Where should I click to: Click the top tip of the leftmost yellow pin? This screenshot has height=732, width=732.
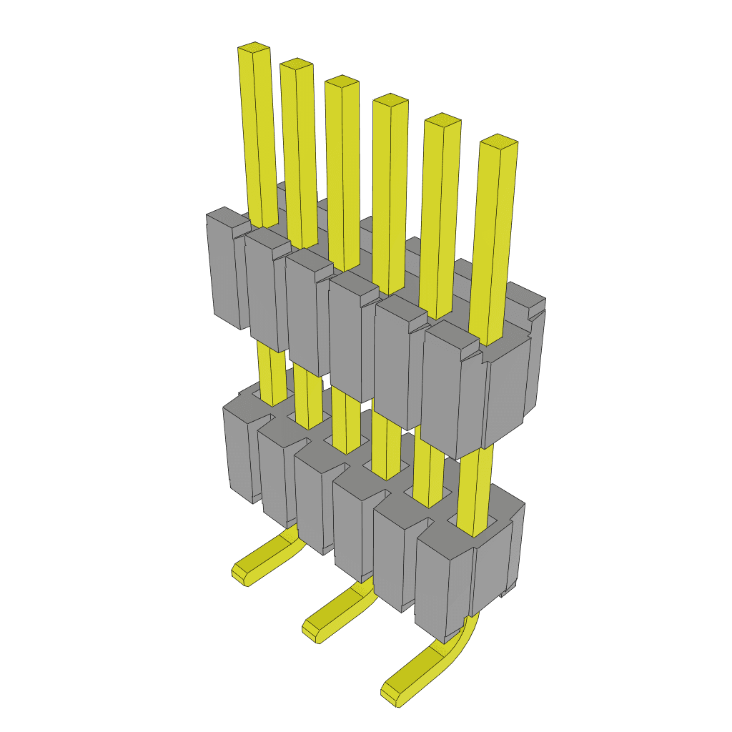point(254,49)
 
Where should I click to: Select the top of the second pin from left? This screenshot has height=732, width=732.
point(297,64)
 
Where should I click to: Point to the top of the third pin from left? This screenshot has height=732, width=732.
point(342,81)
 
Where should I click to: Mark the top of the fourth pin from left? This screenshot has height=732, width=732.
point(390,100)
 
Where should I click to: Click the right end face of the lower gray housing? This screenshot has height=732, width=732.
point(493,565)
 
